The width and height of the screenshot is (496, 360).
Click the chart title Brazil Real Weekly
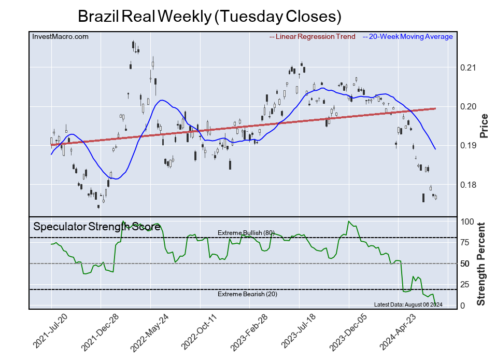click(209, 16)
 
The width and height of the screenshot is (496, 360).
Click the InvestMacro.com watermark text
click(60, 36)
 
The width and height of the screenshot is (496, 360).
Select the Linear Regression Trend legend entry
click(313, 36)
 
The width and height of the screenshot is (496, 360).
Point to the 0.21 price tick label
click(468, 68)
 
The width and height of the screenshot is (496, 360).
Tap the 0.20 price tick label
click(468, 107)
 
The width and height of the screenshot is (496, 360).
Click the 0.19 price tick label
click(468, 146)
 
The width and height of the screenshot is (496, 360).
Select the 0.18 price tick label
click(468, 185)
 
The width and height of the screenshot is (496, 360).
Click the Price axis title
click(485, 126)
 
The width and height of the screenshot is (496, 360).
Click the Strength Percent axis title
click(481, 264)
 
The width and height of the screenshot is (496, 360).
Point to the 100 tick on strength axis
click(468, 221)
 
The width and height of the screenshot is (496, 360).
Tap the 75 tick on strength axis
click(466, 242)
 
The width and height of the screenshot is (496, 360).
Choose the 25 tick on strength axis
click(466, 284)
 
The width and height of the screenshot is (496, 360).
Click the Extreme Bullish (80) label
click(246, 232)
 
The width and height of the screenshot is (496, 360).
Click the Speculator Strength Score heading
click(97, 227)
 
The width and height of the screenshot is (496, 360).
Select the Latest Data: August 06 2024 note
click(407, 304)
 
